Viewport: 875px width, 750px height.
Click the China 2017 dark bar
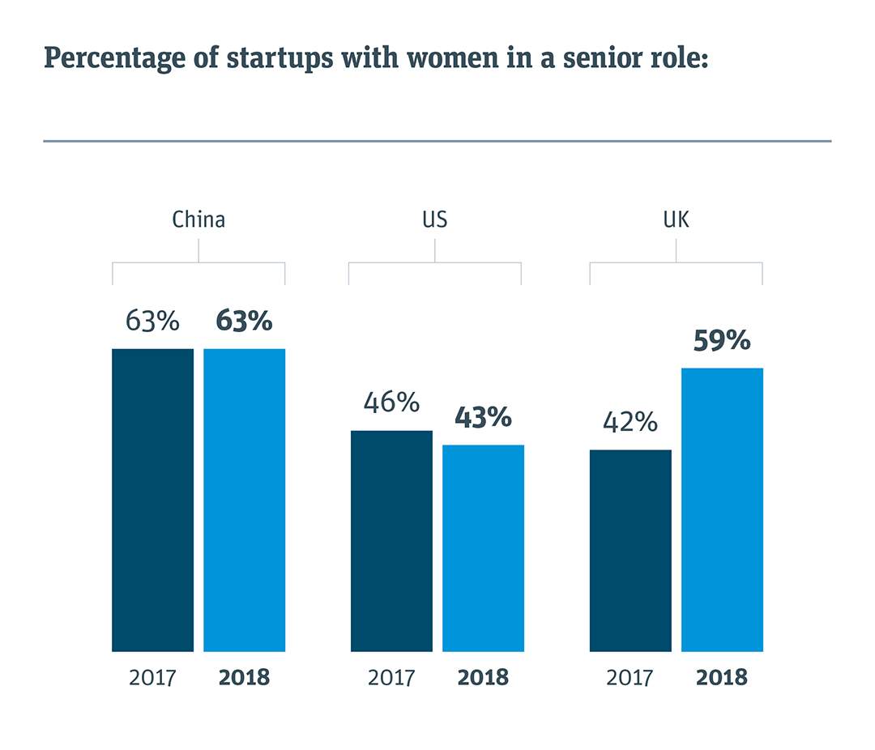[x=152, y=500]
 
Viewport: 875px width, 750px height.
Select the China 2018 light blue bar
[x=244, y=500]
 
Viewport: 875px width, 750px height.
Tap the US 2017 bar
[x=391, y=540]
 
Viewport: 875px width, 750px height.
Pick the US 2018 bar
[x=483, y=548]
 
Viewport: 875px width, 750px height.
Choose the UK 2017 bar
[x=630, y=550]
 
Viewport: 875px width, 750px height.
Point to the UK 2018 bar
[x=722, y=509]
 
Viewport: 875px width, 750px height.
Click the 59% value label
[x=722, y=341]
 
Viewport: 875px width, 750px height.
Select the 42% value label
[x=630, y=422]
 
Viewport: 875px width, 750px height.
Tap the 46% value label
[x=391, y=403]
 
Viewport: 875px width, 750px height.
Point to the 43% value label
[x=483, y=417]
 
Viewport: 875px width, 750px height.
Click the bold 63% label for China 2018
[x=244, y=321]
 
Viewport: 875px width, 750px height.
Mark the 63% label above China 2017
[x=152, y=321]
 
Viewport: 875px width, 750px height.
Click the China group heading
[x=198, y=219]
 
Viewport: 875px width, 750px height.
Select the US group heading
[x=434, y=219]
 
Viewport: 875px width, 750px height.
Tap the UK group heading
[x=676, y=219]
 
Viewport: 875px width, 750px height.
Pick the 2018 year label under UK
[x=722, y=677]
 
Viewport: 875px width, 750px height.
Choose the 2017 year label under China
[x=152, y=677]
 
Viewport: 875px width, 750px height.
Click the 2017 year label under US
[x=391, y=677]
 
